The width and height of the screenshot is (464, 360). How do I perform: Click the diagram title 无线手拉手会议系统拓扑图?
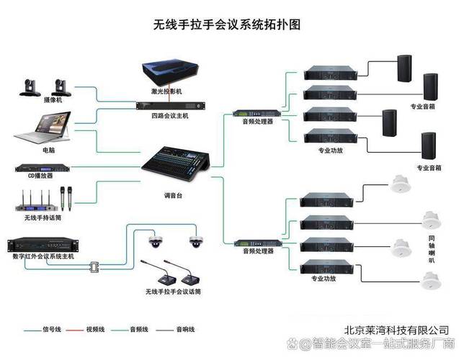click(226, 24)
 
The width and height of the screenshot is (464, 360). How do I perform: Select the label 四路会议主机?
click(170, 115)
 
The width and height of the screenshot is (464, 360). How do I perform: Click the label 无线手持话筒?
click(42, 217)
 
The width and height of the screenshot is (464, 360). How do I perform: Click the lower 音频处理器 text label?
click(257, 252)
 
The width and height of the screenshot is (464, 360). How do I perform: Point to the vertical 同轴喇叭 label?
click(432, 249)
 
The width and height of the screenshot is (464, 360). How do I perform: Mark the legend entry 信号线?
click(50, 329)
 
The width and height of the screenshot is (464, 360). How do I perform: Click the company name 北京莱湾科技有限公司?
click(396, 329)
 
